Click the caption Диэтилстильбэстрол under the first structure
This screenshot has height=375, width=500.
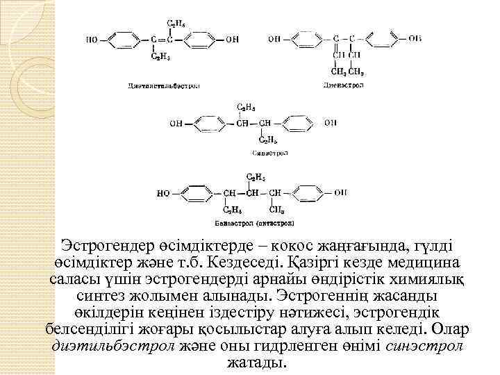tap(162, 86)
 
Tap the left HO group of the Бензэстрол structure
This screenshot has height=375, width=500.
tap(164, 193)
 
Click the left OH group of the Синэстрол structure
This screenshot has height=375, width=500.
tap(176, 124)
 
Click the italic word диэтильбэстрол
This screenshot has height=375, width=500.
tap(113, 345)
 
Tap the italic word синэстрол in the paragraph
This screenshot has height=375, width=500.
tap(424, 345)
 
